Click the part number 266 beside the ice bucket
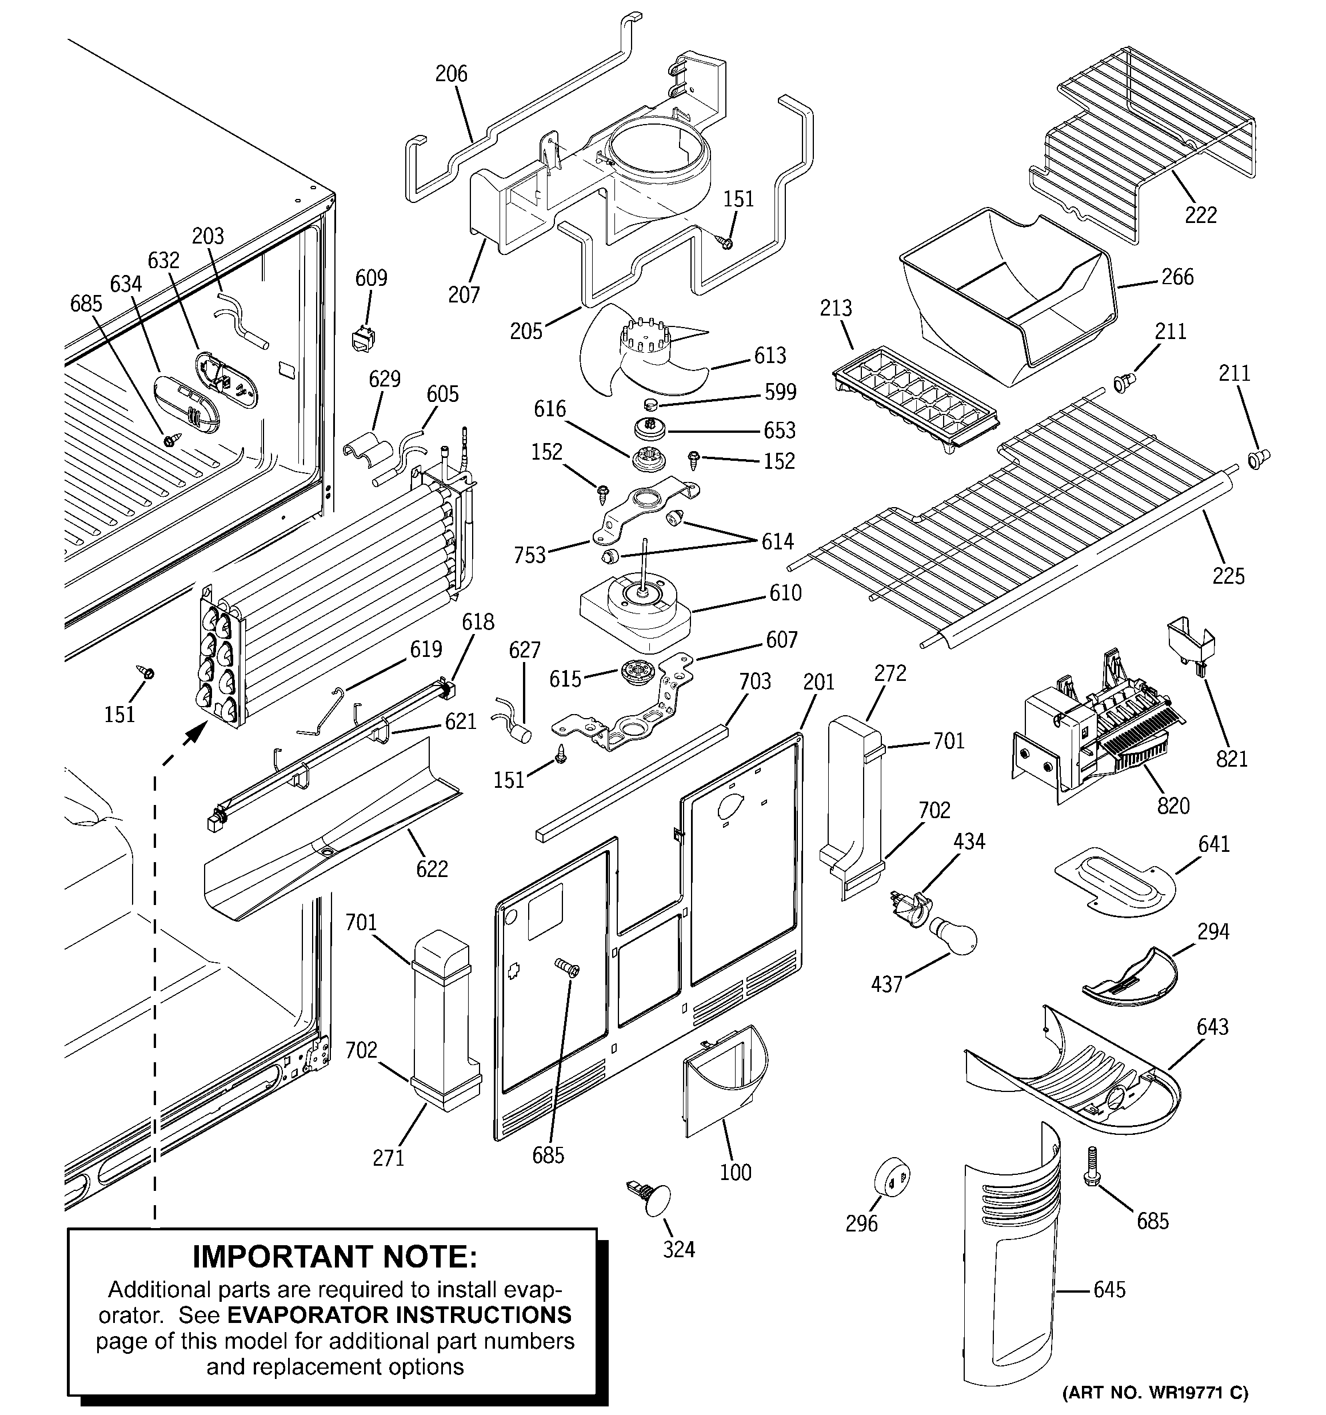pyautogui.click(x=1176, y=277)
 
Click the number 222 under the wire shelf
pyautogui.click(x=1200, y=214)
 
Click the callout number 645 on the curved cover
pyautogui.click(x=1109, y=1289)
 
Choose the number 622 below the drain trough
pyautogui.click(x=432, y=868)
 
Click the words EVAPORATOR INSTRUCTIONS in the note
pyautogui.click(x=398, y=1314)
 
